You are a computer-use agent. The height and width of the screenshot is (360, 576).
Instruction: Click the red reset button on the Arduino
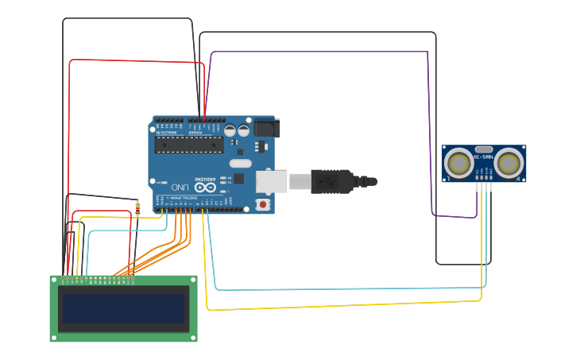pyautogui.click(x=263, y=204)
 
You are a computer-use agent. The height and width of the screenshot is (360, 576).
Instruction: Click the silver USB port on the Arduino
pyautogui.click(x=271, y=182)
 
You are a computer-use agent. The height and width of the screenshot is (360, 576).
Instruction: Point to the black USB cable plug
pyautogui.click(x=331, y=182)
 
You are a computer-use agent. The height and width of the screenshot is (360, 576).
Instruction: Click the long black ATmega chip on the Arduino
pyautogui.click(x=189, y=145)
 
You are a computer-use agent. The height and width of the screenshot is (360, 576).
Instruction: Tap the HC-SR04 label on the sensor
pyautogui.click(x=484, y=157)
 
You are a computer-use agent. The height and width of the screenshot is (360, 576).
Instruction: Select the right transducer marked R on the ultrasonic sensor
pyautogui.click(x=509, y=164)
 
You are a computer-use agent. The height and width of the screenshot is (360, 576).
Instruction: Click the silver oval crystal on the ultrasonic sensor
pyautogui.click(x=484, y=149)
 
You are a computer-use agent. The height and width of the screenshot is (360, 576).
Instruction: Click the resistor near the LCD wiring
pyautogui.click(x=137, y=209)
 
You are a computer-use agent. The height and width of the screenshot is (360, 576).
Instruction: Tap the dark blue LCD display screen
pyautogui.click(x=123, y=309)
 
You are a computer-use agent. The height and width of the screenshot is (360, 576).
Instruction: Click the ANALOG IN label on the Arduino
pyautogui.click(x=168, y=133)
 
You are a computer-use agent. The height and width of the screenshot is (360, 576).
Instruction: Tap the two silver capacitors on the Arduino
pyautogui.click(x=236, y=130)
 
